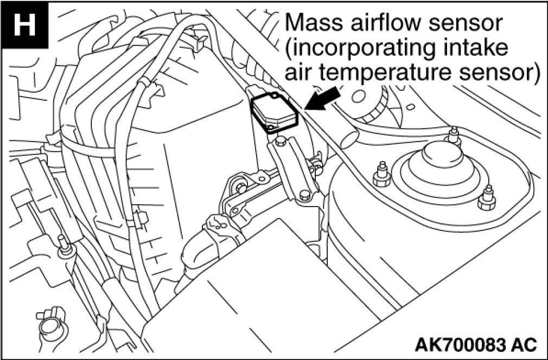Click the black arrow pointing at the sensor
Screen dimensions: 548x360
(x=324, y=100)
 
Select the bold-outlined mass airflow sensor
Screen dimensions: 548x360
(x=275, y=112)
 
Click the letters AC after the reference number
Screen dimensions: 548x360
(x=524, y=343)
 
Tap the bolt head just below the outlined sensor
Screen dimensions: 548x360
(x=280, y=142)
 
